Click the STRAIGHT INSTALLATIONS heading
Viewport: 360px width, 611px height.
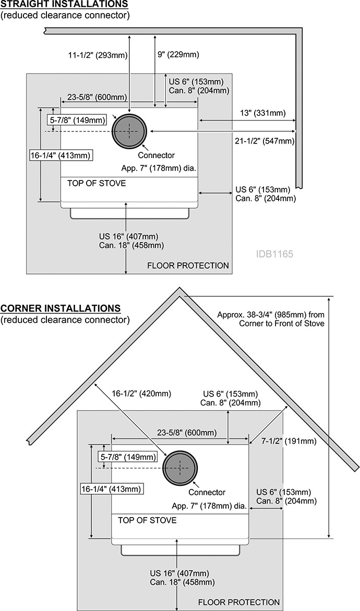64,4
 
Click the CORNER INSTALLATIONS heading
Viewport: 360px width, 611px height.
61,308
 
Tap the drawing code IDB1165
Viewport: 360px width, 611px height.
274,254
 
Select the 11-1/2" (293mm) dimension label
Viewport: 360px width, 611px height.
98,55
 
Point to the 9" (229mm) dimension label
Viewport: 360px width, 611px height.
178,55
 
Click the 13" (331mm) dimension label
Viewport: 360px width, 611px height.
262,113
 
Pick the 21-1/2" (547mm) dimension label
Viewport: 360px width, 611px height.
265,141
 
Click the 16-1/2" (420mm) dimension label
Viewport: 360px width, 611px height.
141,393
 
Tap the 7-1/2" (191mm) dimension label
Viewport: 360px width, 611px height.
289,441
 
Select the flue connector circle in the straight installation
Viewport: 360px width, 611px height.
129,131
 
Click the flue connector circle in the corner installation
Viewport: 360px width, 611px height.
180,468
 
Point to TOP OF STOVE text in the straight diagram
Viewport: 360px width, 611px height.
97,183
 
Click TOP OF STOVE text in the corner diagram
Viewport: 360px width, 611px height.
147,520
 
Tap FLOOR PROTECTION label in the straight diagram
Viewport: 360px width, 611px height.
188,266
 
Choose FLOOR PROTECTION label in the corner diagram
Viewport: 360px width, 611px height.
239,603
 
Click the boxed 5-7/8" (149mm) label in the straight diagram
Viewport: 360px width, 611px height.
78,120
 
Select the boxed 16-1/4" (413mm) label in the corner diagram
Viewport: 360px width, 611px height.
111,489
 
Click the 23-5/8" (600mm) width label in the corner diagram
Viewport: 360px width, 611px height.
187,433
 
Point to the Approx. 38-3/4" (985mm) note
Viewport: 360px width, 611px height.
271,319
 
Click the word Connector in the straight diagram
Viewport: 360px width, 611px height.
156,155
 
